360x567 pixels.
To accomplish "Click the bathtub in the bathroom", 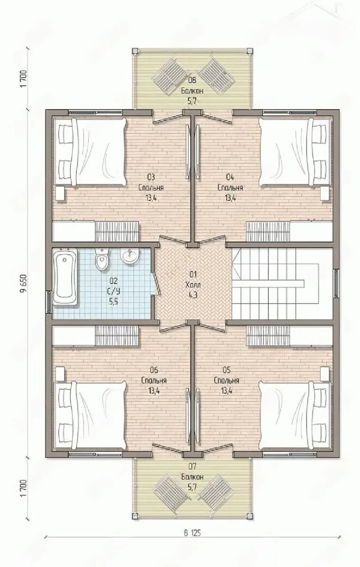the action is (x=65, y=277).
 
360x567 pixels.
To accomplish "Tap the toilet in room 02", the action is (x=102, y=259).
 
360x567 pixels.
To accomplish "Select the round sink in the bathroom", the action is (x=129, y=256).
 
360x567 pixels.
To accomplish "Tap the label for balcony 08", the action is (x=192, y=91).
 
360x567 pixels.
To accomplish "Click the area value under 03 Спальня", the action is (x=151, y=198).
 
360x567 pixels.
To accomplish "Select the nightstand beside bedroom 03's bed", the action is (x=60, y=194).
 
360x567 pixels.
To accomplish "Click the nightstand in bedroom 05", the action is (x=325, y=374).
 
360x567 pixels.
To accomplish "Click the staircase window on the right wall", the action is (x=336, y=283).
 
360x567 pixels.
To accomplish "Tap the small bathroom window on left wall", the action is (x=48, y=300).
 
